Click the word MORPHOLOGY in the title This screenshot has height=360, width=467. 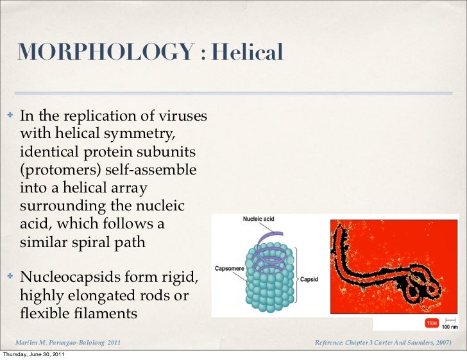coord(105,53)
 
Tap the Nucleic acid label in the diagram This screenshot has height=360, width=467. coord(258,219)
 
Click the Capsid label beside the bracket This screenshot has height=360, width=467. coord(309,280)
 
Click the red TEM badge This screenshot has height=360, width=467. coord(432,321)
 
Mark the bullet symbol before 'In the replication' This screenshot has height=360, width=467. coord(10,117)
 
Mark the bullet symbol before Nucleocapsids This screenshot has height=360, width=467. coord(10,277)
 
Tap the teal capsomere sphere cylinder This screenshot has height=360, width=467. coord(269,289)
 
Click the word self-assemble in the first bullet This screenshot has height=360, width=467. coord(153,171)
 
